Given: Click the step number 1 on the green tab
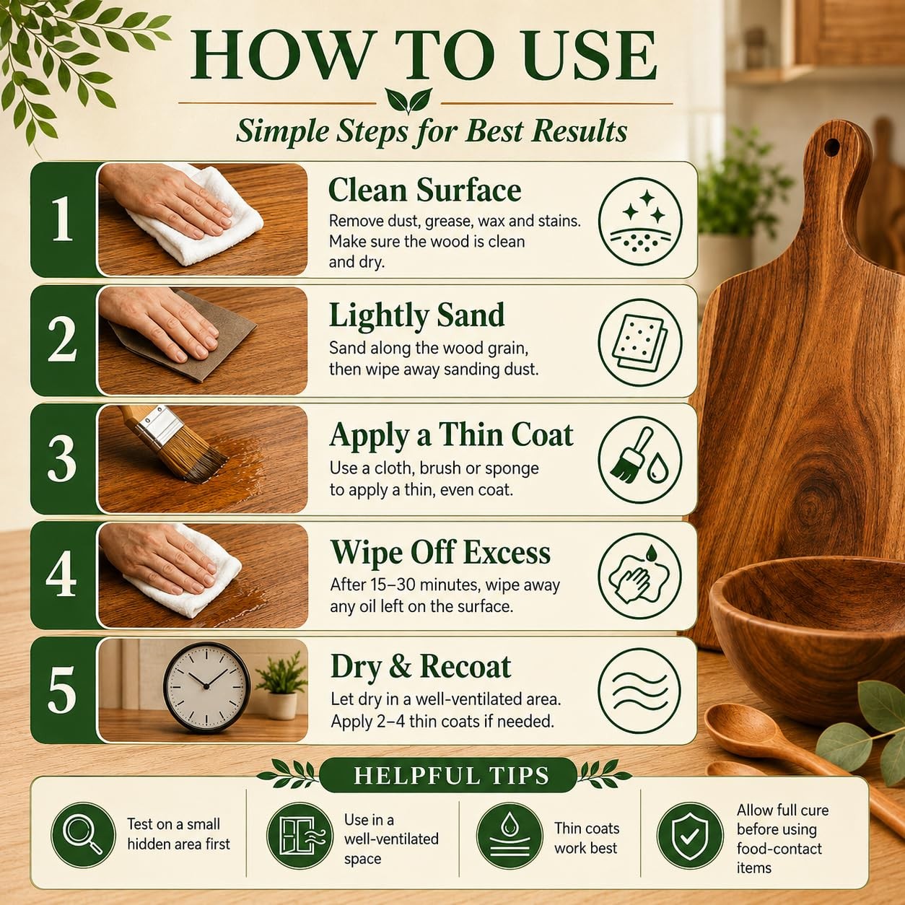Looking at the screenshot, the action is coord(62,219).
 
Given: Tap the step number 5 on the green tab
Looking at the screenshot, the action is coord(61,691).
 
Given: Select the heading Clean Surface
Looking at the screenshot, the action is coord(424,191).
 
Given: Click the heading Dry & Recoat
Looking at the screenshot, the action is coord(421,667).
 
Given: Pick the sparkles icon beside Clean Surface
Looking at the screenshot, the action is coord(639,219).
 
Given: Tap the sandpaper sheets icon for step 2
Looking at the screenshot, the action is coord(639,341).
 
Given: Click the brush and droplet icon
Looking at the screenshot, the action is coord(639,460).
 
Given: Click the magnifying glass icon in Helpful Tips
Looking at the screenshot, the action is coord(83,834).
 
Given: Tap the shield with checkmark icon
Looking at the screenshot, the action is coord(689,834).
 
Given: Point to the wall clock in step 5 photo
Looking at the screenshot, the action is coord(206,686).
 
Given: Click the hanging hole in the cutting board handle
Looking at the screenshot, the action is coord(832,147).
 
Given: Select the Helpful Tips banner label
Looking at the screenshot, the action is coord(451,775).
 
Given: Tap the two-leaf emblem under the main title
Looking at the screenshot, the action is coord(408,100).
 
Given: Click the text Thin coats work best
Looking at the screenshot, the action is coord(587,838).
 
